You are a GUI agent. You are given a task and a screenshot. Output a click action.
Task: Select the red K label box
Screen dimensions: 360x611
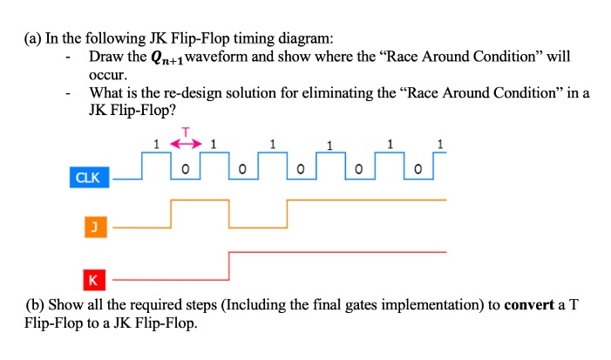point(92,280)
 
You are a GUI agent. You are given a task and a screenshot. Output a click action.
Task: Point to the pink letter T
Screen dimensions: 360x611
point(185,131)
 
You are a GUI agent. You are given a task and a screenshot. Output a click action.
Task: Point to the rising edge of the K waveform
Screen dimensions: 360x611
point(228,265)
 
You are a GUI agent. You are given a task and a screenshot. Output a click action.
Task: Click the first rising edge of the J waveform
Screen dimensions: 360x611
point(172,214)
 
